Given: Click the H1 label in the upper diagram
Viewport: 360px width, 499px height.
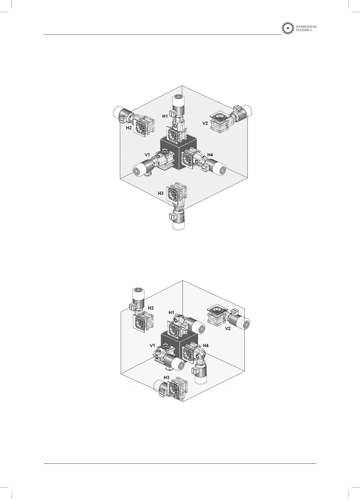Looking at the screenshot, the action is pyautogui.click(x=165, y=116).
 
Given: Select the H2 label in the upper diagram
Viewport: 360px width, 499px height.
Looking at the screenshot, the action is pyautogui.click(x=129, y=128).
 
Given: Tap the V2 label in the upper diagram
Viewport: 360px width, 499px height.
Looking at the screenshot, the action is pyautogui.click(x=205, y=123).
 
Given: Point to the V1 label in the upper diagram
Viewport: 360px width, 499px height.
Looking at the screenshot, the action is pyautogui.click(x=147, y=154).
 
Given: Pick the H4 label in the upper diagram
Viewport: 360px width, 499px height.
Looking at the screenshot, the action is pyautogui.click(x=210, y=155).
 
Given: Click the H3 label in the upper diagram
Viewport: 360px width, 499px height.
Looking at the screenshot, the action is pyautogui.click(x=161, y=193).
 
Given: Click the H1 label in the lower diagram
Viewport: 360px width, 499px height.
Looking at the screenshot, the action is pyautogui.click(x=171, y=313).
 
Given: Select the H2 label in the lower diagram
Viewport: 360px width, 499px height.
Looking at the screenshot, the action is pyautogui.click(x=151, y=308).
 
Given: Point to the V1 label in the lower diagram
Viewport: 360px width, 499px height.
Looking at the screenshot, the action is pyautogui.click(x=152, y=346).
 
